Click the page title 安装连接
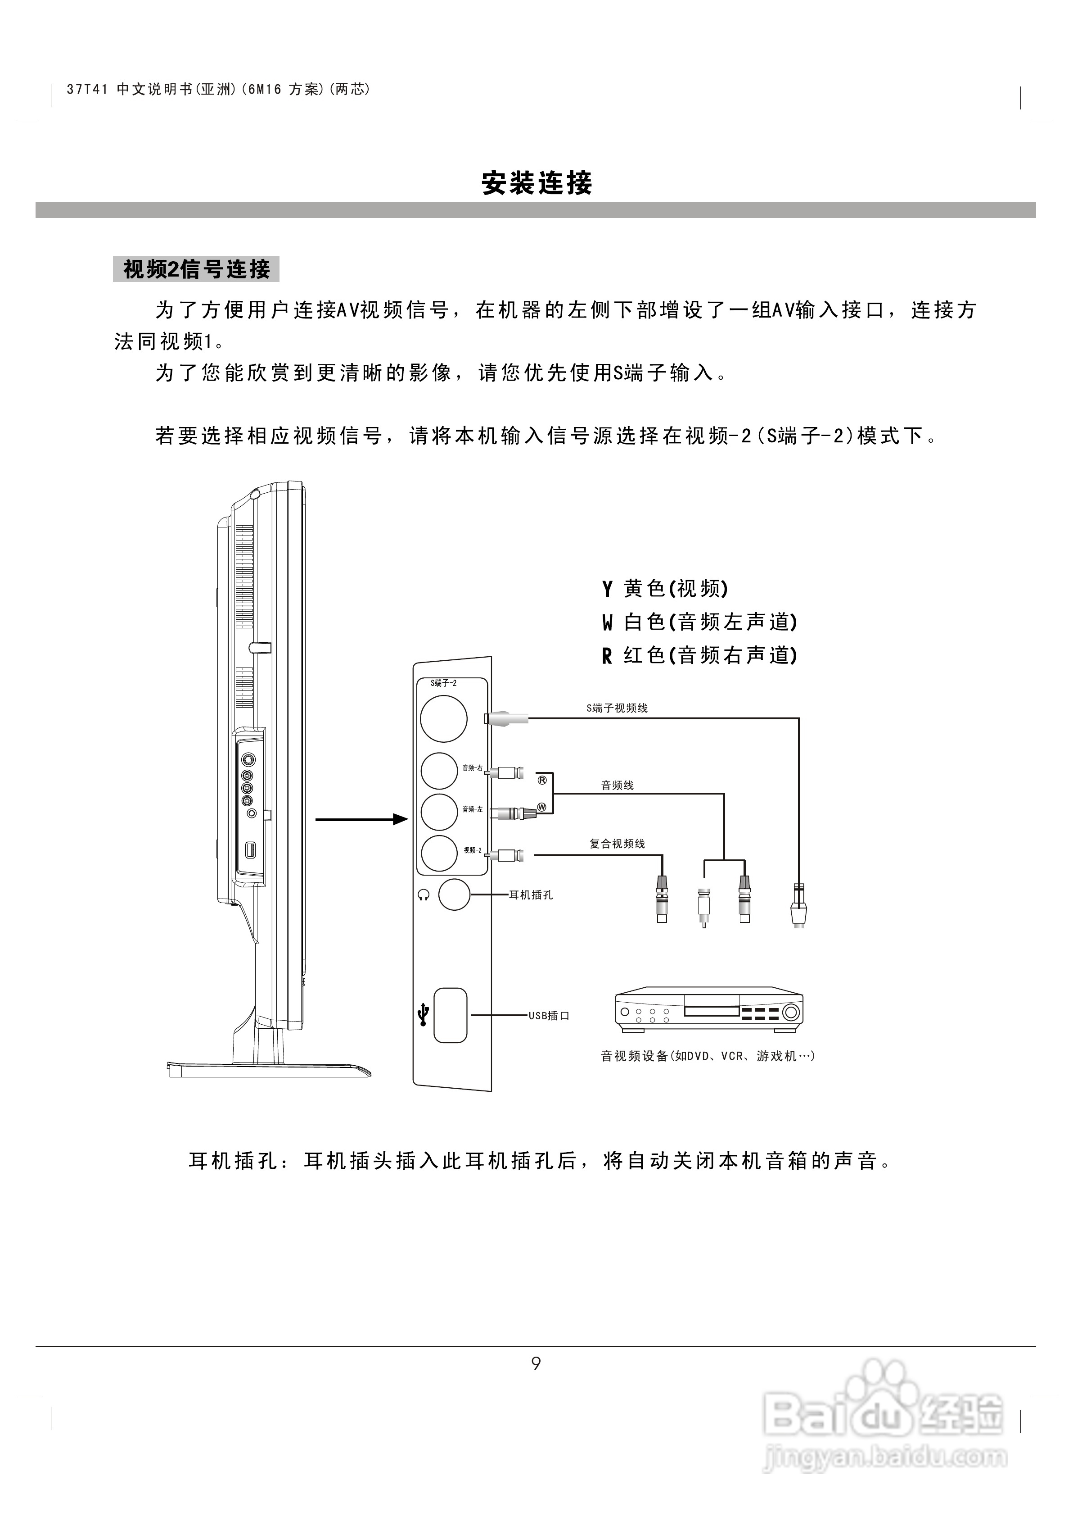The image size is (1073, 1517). coord(536,183)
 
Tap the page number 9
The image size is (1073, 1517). coord(536,1363)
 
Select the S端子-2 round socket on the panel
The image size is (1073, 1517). coord(444,718)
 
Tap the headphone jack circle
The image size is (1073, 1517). coord(455,895)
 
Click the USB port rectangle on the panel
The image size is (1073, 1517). coord(450,1015)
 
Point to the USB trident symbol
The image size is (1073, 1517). coord(424,1015)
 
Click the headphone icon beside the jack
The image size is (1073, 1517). coord(424,895)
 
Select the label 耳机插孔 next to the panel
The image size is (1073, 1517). coord(531,895)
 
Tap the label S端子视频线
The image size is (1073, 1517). coord(617,708)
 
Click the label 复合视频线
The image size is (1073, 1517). coord(617,844)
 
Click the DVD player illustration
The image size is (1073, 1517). coord(709,1012)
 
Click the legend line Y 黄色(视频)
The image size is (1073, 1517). coord(665,588)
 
